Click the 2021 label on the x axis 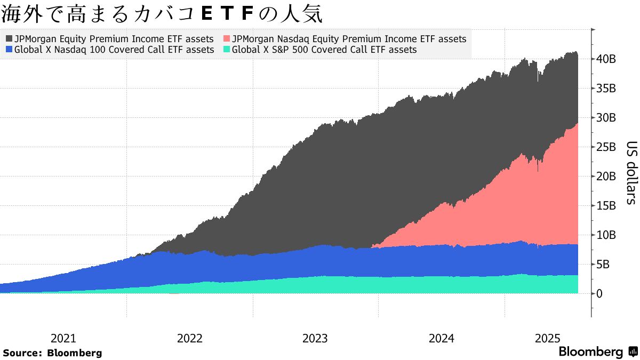[63, 339]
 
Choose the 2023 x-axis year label [315, 339]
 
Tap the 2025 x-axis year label [547, 339]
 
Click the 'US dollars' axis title [631, 173]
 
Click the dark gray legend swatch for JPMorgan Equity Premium [9, 39]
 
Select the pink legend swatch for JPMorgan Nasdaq [227, 39]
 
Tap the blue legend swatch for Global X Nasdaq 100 [9, 50]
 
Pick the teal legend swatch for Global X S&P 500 [227, 50]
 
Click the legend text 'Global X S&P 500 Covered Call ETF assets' [324, 50]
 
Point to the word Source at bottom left [22, 353]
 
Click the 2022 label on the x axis [189, 339]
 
